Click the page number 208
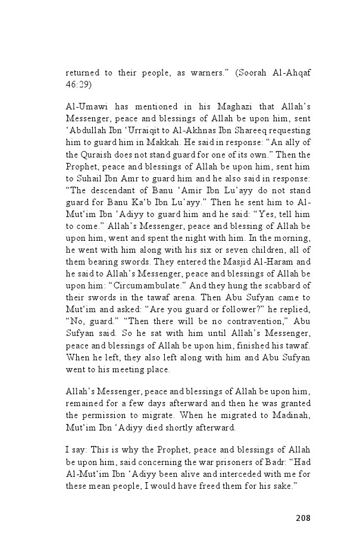303,517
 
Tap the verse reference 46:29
77,84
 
